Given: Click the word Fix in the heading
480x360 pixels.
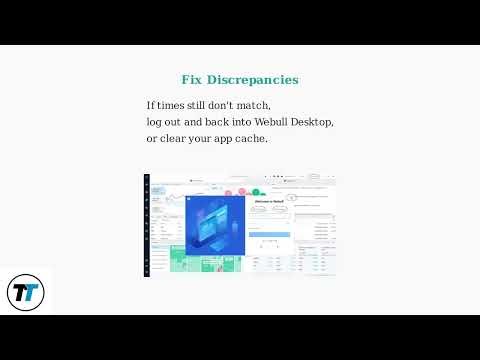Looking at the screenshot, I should click(191, 80).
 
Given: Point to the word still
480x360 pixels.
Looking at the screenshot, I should click(203, 105).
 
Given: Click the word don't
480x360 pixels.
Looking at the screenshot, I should click(234, 105).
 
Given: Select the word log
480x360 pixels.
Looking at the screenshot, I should click(155, 121).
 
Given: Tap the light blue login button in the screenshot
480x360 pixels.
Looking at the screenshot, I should click(267, 235).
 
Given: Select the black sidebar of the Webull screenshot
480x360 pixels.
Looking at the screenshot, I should click(147, 225).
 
